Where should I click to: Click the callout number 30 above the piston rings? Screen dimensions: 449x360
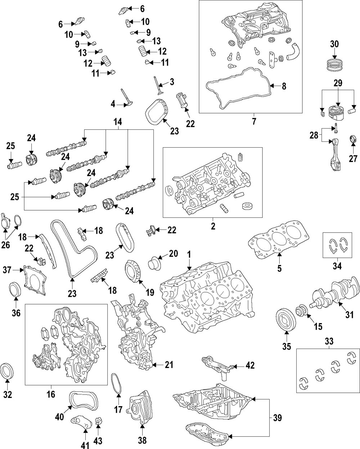(334, 44)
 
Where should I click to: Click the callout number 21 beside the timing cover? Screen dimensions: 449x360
(168, 365)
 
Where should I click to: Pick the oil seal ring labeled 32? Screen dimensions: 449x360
(8, 371)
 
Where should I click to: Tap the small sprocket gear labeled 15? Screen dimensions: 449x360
(300, 310)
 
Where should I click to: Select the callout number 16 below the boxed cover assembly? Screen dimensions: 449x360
(51, 394)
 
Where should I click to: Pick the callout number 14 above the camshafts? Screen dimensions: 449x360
(117, 122)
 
